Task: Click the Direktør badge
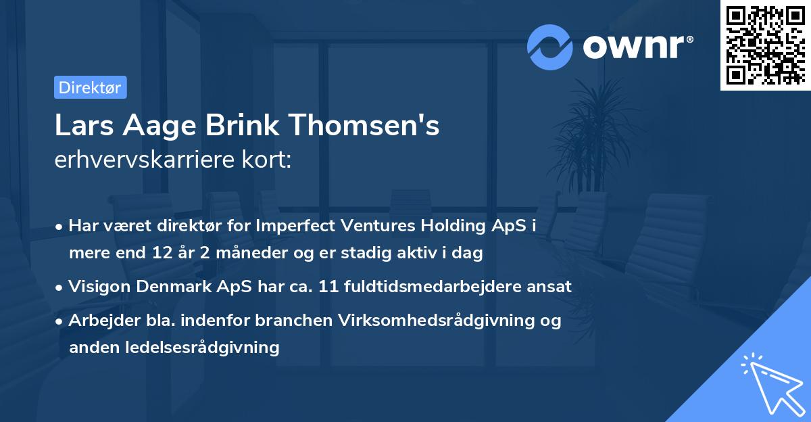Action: (90, 87)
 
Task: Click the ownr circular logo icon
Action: (550, 47)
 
